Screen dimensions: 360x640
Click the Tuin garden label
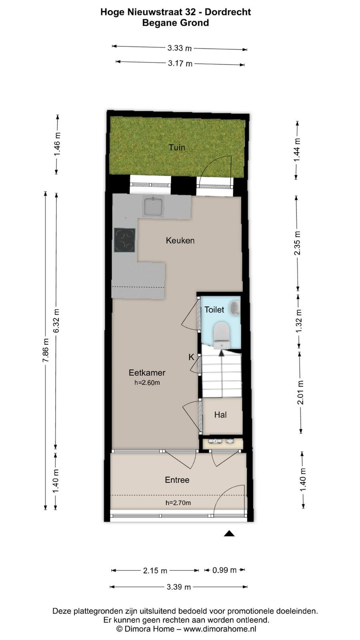pyautogui.click(x=176, y=148)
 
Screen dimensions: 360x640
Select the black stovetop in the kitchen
pyautogui.click(x=124, y=240)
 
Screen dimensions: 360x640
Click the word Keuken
pyautogui.click(x=180, y=240)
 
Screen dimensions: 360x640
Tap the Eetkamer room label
pyautogui.click(x=147, y=372)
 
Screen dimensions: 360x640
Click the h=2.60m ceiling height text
pyautogui.click(x=147, y=382)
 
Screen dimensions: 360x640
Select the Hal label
pyautogui.click(x=220, y=414)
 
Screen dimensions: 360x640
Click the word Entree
pyautogui.click(x=177, y=480)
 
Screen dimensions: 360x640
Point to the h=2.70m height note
pyautogui.click(x=178, y=502)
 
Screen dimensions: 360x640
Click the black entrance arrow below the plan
pyautogui.click(x=229, y=534)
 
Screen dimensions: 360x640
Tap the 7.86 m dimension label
pyautogui.click(x=46, y=350)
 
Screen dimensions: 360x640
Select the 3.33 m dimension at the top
pyautogui.click(x=180, y=48)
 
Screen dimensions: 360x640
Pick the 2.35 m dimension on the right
pyautogui.click(x=298, y=242)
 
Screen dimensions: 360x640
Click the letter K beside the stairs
pyautogui.click(x=191, y=357)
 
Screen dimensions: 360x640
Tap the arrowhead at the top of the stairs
pyautogui.click(x=222, y=353)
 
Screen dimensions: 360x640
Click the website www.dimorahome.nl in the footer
pyautogui.click(x=220, y=628)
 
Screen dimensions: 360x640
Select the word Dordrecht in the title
pyautogui.click(x=228, y=12)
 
